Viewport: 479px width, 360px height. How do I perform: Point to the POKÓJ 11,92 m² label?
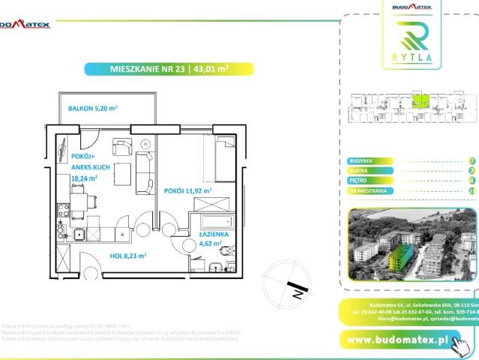tap(188, 190)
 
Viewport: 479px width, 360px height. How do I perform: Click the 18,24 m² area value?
tap(84, 178)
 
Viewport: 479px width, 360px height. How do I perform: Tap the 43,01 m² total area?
tap(211, 69)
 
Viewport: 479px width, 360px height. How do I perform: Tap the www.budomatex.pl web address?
tap(398, 340)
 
